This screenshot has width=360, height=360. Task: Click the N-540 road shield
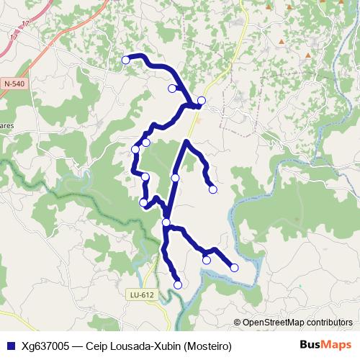pos(14,84)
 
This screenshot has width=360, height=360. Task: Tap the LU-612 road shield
pos(143,294)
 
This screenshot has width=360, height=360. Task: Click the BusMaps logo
pos(326,345)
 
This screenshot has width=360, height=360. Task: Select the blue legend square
pos(11,346)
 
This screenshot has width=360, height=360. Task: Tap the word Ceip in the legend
pos(96,346)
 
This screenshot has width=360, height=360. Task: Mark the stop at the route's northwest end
pos(126,60)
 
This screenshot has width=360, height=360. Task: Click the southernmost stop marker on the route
pos(178,284)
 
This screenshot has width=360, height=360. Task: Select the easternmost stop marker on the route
pos(234,268)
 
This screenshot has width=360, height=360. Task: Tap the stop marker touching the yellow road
pos(202,100)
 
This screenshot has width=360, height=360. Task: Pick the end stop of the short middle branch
pos(212,189)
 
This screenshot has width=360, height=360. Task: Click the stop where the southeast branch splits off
pos(166,222)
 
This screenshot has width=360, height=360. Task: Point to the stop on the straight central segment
pos(175,177)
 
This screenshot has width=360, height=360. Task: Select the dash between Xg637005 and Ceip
pos(78,346)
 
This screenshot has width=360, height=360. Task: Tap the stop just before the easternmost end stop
pos(207,260)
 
